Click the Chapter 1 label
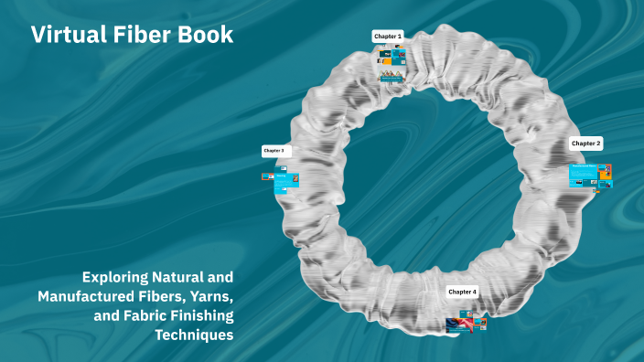388,37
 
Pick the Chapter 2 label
585,144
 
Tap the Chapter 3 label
274,150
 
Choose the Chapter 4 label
462,292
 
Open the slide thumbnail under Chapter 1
392,64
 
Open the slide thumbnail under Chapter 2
590,176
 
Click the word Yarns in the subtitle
210,296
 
